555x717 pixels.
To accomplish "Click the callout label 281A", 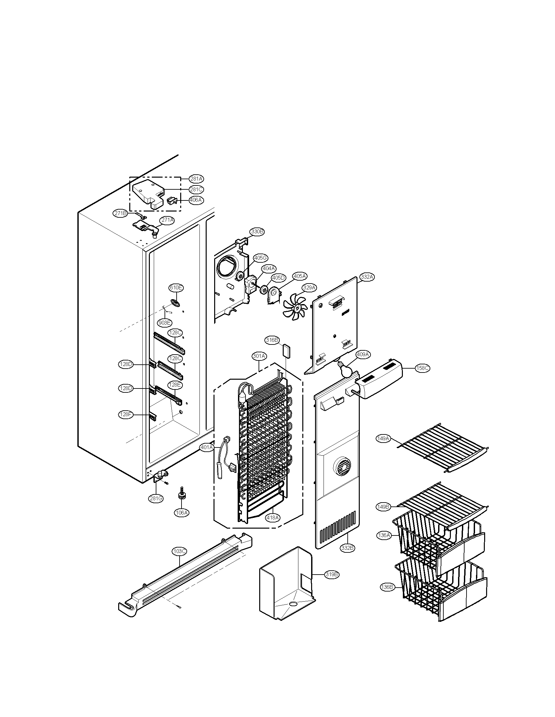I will point(196,179).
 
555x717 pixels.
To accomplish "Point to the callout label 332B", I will point(348,548).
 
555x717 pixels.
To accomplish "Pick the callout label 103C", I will point(179,551).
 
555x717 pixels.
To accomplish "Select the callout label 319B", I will point(331,575).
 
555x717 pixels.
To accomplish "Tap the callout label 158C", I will point(422,368).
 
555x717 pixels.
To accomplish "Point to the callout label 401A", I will point(206,447).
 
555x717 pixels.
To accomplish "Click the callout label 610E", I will point(176,288).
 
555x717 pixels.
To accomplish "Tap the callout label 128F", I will point(125,415).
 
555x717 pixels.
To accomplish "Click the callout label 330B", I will point(257,231).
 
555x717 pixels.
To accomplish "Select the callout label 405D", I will point(278,278).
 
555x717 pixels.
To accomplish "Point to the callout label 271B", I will point(121,213).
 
